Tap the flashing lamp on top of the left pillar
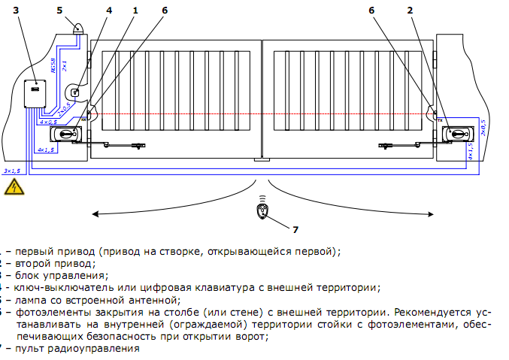(78, 28)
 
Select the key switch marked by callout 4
(75, 92)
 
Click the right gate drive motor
(457, 135)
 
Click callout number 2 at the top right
(411, 11)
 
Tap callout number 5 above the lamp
(61, 11)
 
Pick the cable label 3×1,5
(11, 172)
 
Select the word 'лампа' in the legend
(29, 298)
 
